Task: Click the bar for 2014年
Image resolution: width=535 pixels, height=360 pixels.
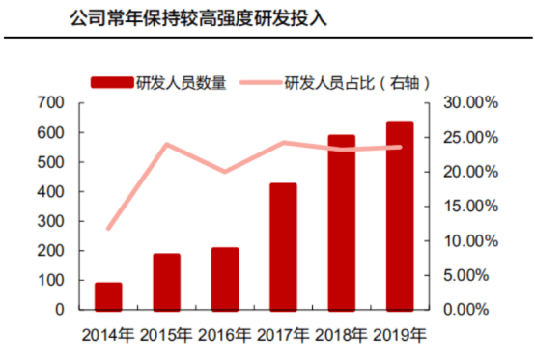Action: [108, 296]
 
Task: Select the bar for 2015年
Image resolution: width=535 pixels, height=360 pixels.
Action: [166, 282]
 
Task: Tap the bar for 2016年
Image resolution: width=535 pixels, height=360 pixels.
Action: [224, 279]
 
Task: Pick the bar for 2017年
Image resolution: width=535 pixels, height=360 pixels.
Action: [283, 246]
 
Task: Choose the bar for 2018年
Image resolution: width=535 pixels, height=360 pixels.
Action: [341, 223]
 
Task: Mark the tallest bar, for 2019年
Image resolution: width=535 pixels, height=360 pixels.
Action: [399, 216]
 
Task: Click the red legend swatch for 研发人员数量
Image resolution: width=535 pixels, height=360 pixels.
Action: [112, 82]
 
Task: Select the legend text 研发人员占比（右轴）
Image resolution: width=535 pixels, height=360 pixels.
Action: [356, 82]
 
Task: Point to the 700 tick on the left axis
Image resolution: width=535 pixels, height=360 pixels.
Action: [51, 102]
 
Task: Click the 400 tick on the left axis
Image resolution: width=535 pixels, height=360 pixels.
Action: [51, 191]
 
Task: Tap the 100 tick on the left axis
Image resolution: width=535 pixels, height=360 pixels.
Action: [51, 281]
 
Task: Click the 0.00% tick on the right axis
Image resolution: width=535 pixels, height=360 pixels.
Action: [473, 311]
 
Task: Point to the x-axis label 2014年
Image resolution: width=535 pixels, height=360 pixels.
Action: [108, 335]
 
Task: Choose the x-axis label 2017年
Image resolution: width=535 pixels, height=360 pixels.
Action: [283, 335]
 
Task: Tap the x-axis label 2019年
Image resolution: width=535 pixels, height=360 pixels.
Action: [399, 335]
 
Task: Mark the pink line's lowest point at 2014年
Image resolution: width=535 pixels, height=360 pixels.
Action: [108, 229]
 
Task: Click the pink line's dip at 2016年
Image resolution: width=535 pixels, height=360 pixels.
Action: [224, 172]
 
